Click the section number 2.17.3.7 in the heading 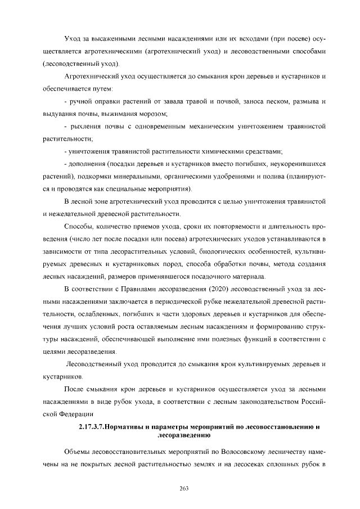92,427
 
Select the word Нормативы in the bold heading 128,427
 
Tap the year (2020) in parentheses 217,290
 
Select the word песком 279,101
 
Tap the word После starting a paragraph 75,389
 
